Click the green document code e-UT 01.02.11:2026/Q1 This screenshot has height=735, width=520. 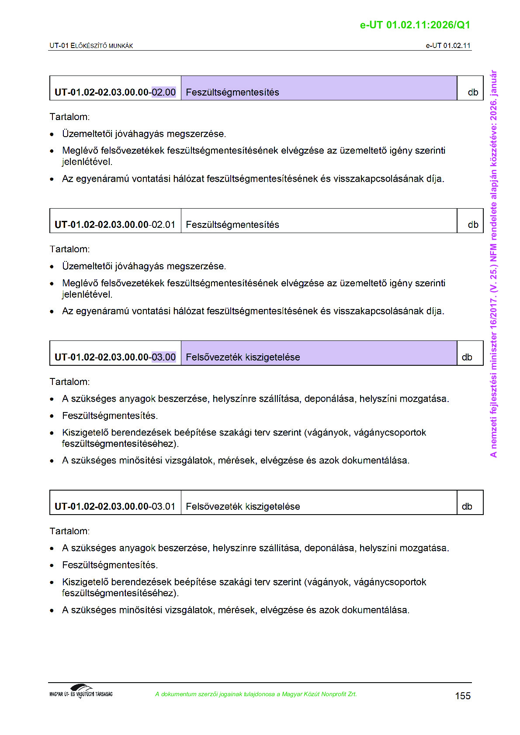pos(415,25)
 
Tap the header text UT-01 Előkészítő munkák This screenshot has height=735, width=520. pos(91,45)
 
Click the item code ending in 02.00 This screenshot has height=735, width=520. pos(115,92)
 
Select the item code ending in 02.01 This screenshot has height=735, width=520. pos(115,224)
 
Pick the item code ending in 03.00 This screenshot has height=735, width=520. pos(115,357)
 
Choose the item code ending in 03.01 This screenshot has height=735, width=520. pos(115,506)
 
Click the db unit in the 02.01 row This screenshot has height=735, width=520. pos(473,224)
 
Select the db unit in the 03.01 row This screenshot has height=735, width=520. pos(467,506)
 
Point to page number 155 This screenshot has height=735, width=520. pos(463,696)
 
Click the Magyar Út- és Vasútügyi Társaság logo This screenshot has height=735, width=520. pos(81,691)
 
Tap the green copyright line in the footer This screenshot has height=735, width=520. pos(256,694)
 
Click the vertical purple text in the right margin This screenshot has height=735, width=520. pos(493,264)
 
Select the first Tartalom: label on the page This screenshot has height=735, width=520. pos(69,117)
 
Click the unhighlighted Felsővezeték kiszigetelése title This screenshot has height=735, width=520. pos(243,506)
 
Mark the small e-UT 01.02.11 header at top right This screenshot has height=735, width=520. pos(448,45)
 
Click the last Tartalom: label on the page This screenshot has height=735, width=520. pos(69,531)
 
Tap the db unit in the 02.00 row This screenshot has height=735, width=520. pos(473,92)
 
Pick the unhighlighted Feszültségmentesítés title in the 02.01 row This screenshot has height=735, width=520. pos(232,224)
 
